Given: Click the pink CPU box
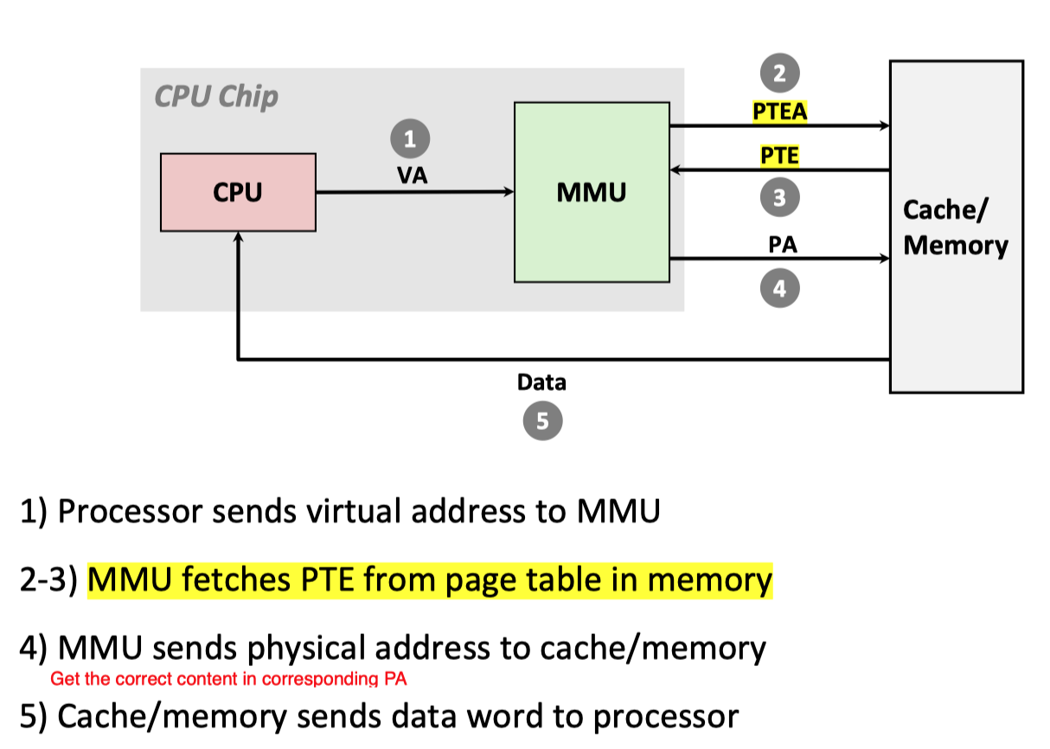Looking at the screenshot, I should coord(238,193).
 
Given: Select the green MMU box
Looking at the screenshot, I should coord(592,192).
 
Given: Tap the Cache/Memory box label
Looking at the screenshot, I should coord(955,227).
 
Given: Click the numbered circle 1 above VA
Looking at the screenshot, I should coord(410,138).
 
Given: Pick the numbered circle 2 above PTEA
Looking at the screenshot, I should coord(779,74).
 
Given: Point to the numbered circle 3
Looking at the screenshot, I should coord(779,198).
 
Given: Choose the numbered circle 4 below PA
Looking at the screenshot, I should coord(779,288).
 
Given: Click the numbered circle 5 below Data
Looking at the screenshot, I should coord(542,421).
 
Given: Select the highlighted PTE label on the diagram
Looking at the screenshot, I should coord(779,156).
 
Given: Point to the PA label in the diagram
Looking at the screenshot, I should coord(782,245).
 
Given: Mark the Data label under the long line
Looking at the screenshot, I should coord(541,381).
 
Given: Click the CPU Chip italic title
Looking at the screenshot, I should coord(216,96).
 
